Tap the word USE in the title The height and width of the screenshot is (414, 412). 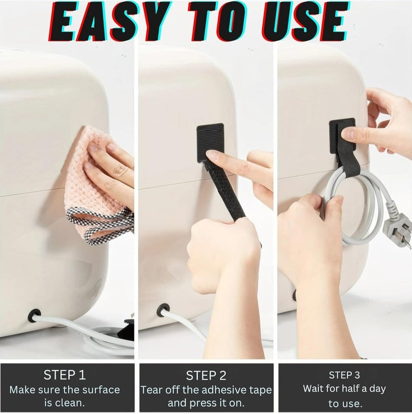coord(305,21)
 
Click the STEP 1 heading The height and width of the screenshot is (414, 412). coord(65,375)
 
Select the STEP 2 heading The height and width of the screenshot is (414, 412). coord(207,375)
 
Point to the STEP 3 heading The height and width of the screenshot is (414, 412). coord(345,375)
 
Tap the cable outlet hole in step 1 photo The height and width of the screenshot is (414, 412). coord(35,315)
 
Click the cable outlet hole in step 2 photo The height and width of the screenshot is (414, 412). coord(163,310)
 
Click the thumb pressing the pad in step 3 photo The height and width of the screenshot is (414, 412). coord(352,135)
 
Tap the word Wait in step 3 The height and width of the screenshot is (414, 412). coord(313,388)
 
